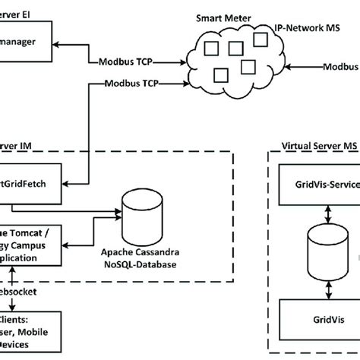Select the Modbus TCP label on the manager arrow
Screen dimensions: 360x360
[118, 61]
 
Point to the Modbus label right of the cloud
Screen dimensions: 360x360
[339, 68]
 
